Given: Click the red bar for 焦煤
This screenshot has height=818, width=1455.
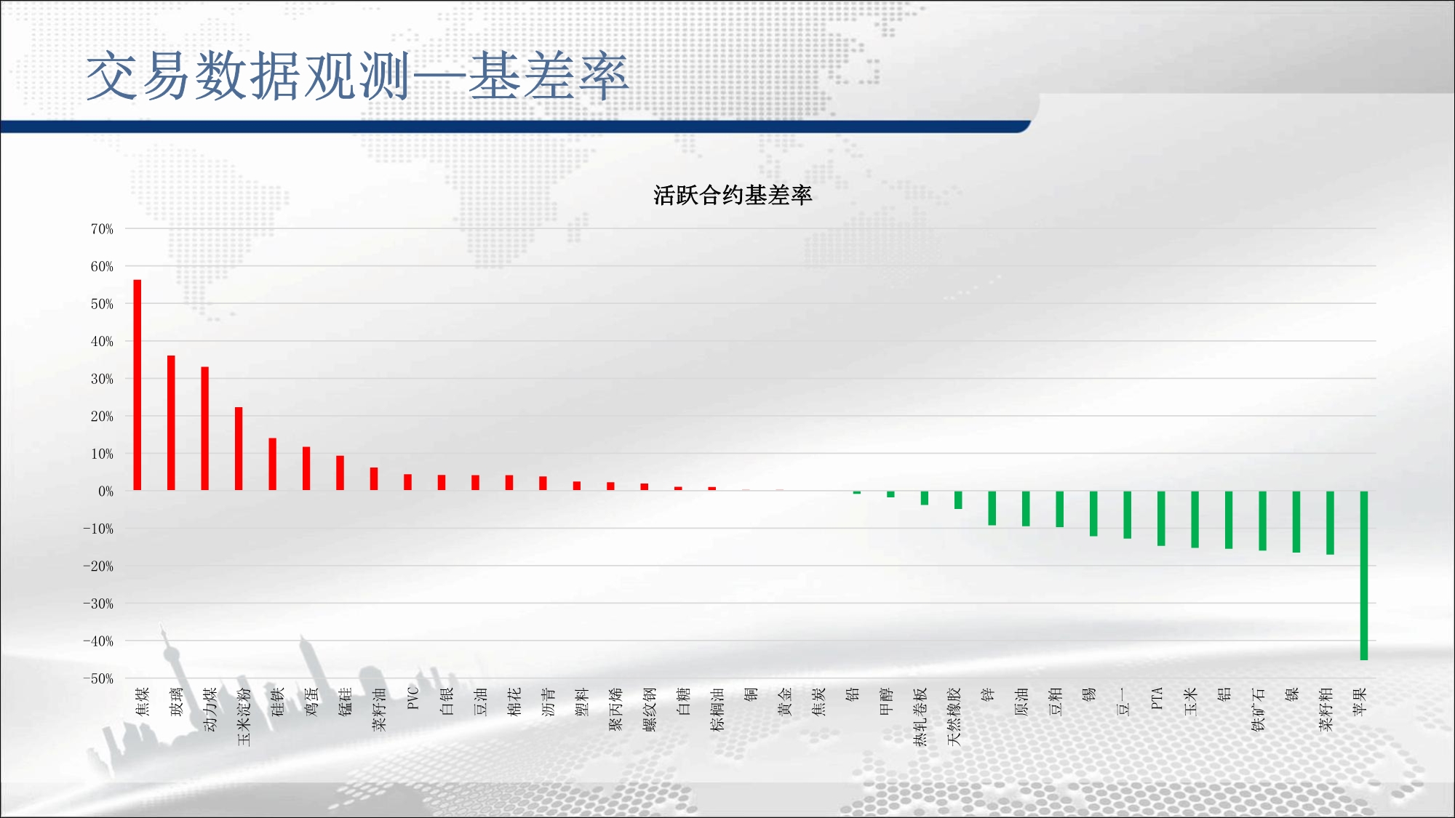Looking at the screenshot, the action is coord(137,385).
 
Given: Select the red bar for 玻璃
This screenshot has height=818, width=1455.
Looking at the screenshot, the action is coord(171,422).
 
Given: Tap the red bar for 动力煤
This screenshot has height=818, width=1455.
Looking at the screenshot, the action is coord(205,428).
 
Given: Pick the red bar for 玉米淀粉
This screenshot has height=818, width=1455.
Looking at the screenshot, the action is coord(239,449).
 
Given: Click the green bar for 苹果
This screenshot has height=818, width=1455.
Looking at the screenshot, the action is coord(1364,576).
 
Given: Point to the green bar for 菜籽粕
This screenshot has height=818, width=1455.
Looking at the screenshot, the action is coord(1330,523).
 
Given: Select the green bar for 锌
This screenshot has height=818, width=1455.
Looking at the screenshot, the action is coord(992,508).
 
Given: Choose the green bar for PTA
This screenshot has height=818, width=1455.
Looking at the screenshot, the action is coord(1161,518).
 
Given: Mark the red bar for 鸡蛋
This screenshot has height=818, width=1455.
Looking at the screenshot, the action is coord(306,468).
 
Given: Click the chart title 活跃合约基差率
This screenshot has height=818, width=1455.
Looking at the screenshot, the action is coord(733,195).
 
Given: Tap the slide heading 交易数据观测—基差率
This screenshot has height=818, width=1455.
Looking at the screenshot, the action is coord(357,76).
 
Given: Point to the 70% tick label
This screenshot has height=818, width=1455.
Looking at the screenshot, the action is coord(102,229).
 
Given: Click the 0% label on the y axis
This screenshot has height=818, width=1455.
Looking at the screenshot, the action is coord(106,492).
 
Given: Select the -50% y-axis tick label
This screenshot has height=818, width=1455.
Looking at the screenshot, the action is coord(98,679).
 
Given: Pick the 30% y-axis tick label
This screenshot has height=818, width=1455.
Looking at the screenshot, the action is coord(102,379).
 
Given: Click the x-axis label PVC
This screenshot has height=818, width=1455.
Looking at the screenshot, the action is coord(413,698).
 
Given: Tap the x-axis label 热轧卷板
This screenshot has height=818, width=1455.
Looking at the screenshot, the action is coord(920,717).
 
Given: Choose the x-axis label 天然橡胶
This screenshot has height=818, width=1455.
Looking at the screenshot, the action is coord(954,717).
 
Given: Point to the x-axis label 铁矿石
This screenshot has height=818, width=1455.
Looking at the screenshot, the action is coord(1258,710).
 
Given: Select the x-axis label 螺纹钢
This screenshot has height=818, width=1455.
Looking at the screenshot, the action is coord(650,710).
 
